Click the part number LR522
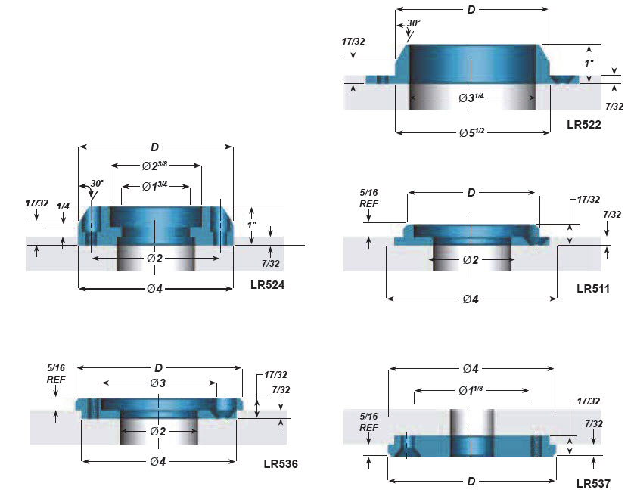[x=583, y=125]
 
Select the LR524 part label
[x=267, y=285]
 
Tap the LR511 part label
[x=592, y=289]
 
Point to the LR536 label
[x=281, y=464]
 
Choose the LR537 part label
[x=593, y=483]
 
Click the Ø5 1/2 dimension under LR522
[x=472, y=132]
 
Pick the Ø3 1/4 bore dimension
[x=471, y=98]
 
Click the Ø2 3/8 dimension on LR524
[x=154, y=166]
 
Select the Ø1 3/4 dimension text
[x=154, y=186]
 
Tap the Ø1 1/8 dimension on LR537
[x=471, y=390]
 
